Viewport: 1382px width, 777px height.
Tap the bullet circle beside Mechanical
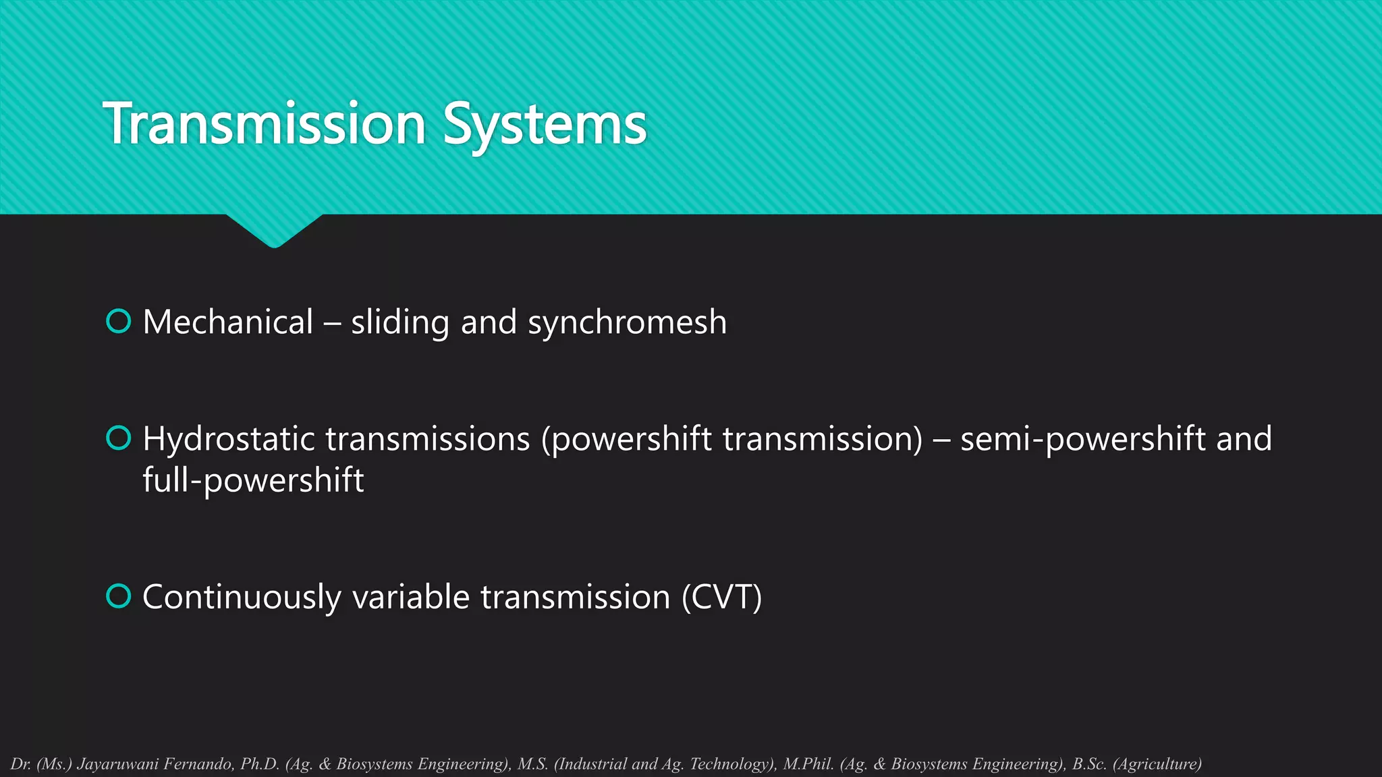coord(119,321)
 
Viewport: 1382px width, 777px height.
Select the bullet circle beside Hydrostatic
coord(119,438)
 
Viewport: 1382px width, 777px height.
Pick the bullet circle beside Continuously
coord(119,596)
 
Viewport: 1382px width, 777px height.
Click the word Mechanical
coord(228,322)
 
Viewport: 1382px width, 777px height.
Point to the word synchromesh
coord(627,322)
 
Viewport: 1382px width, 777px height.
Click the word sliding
coord(400,322)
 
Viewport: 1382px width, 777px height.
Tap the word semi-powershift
coord(1082,439)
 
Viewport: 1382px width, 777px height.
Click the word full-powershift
coord(253,480)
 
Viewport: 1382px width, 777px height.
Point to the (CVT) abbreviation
coord(721,597)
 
